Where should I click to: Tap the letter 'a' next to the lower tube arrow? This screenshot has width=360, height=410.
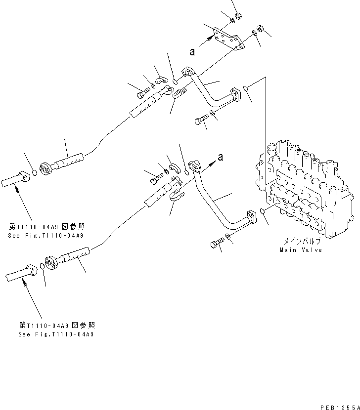pyautogui.click(x=221, y=157)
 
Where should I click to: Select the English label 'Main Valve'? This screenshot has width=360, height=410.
pyautogui.click(x=301, y=250)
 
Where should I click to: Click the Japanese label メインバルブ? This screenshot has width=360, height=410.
pyautogui.click(x=302, y=242)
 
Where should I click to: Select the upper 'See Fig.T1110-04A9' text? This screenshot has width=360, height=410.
pyautogui.click(x=45, y=236)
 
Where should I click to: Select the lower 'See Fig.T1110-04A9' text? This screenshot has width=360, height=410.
pyautogui.click(x=55, y=334)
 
